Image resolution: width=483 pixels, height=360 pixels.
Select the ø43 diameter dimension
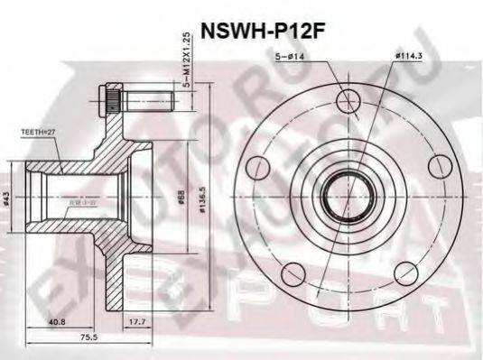pos(9,198)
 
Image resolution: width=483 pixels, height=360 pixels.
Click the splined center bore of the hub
pos(348,195)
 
